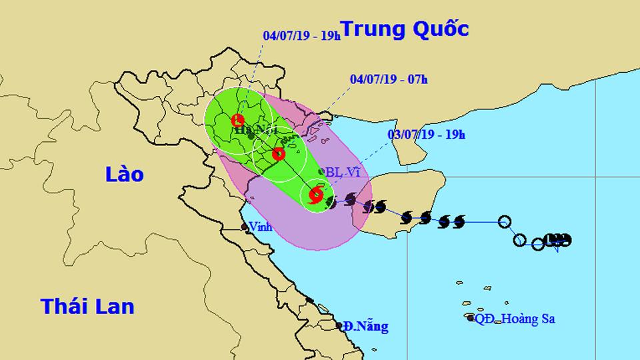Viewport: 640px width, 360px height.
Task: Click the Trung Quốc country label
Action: (x=405, y=29)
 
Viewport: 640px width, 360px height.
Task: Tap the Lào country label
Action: (x=124, y=174)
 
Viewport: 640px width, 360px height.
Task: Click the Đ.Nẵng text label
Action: (x=365, y=327)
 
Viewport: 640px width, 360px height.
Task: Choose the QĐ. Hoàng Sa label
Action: (x=515, y=319)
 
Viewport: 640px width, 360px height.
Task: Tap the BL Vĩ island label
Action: (x=343, y=172)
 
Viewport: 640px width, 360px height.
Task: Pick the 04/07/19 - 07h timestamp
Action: (x=389, y=79)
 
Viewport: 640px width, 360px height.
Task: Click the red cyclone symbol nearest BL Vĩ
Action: (x=316, y=195)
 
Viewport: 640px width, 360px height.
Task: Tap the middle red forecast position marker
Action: (x=279, y=154)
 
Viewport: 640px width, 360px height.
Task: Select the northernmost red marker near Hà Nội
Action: (x=237, y=121)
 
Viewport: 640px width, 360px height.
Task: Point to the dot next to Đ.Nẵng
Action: (x=339, y=326)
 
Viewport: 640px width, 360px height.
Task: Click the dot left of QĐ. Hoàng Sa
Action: (x=470, y=318)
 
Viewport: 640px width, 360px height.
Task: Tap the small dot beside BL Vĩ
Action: (x=322, y=172)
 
